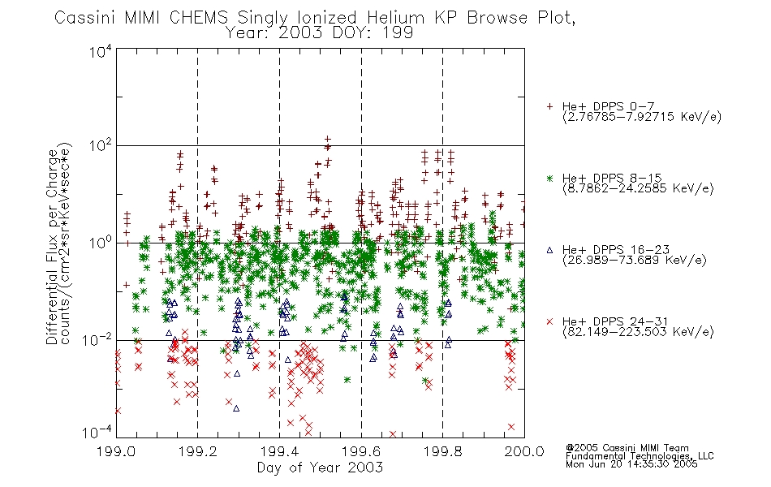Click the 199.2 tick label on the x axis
point(198,451)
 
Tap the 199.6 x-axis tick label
point(361,451)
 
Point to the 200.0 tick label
point(524,451)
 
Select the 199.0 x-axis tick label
point(116,451)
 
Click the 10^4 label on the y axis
point(101,51)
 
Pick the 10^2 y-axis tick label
point(101,147)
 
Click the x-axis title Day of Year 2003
point(320,468)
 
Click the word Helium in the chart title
point(395,18)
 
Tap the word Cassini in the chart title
point(84,18)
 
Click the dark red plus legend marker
point(549,106)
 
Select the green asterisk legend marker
point(549,178)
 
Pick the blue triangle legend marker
point(549,250)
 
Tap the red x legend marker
point(549,321)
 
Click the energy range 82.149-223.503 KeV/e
point(638,332)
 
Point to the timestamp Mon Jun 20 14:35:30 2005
point(631,464)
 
